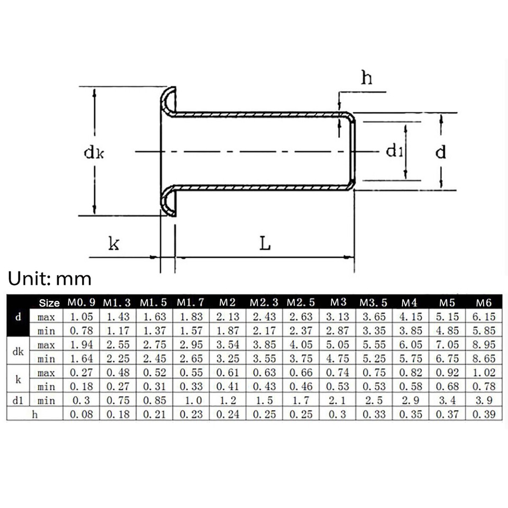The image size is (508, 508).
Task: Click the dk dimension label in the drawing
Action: [x=94, y=152]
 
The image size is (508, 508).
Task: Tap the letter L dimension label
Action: [x=265, y=243]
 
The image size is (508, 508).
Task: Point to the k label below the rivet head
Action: [x=114, y=243]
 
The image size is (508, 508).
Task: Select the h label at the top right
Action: [x=366, y=78]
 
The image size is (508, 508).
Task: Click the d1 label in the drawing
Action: [x=395, y=152]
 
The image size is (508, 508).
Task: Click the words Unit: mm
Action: [x=50, y=278]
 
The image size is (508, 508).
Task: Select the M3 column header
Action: [x=338, y=303]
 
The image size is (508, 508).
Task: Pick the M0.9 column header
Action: [x=81, y=303]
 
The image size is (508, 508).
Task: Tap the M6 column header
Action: [x=484, y=303]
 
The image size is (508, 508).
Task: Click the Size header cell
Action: [x=50, y=303]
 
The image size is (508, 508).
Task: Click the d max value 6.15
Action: [x=484, y=317]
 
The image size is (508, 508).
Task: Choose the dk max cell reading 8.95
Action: [x=484, y=345]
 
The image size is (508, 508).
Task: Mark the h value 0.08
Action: [x=81, y=414]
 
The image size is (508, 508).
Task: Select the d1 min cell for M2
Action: [x=227, y=401]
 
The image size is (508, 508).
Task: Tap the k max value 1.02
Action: [x=484, y=373]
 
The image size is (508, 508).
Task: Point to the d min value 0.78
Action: [x=81, y=331]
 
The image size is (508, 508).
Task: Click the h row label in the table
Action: [x=35, y=414]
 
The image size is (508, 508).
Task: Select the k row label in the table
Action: [x=19, y=379]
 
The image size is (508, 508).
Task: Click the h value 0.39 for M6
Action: [x=484, y=414]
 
